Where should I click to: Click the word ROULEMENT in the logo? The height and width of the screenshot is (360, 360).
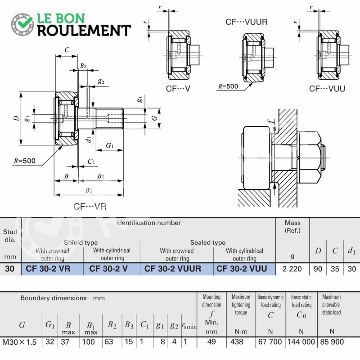coord(84,31)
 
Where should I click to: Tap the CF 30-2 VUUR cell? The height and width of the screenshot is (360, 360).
coord(173,269)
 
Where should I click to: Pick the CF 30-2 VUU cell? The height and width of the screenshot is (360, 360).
coord(242,269)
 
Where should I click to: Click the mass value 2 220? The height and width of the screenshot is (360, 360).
coord(292,269)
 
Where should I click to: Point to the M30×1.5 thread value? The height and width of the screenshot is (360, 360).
coord(19,342)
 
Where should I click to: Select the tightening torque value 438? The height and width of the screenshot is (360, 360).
coord(237,342)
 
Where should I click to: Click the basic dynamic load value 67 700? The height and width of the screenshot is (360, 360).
coord(270,342)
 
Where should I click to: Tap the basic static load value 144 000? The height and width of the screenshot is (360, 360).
coord(301,342)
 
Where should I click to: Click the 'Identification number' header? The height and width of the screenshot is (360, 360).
coord(148,223)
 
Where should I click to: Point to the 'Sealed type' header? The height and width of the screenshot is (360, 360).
coord(208,243)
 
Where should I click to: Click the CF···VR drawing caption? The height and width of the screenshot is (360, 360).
coord(90,207)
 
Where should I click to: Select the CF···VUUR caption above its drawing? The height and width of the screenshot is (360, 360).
coord(247,22)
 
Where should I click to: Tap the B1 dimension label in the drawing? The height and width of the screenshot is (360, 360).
coord(89,190)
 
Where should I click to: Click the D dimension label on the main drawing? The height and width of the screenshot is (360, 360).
coord(16,118)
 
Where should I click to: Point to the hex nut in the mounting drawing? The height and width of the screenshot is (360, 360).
coord(310,158)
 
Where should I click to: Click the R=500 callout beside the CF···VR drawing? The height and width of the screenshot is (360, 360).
coord(25,161)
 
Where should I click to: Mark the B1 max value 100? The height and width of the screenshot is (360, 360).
coord(89,342)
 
